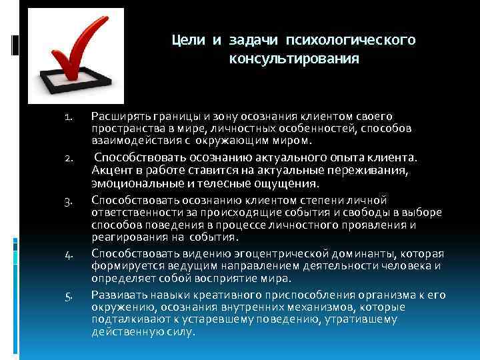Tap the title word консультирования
[x=294, y=59]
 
